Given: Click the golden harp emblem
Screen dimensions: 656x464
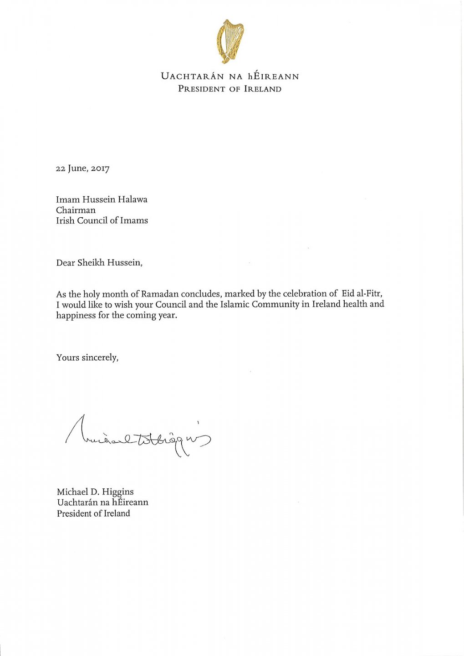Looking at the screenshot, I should click(230, 41).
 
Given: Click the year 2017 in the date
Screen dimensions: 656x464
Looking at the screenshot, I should click(99, 169).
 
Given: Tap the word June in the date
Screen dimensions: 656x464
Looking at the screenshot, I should click(76, 169).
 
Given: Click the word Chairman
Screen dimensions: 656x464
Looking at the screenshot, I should click(76, 210).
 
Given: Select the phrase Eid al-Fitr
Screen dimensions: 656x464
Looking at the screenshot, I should click(358, 293).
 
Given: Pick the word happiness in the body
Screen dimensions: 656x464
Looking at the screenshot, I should click(76, 315).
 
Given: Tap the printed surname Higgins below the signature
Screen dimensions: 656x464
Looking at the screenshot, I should click(117, 492).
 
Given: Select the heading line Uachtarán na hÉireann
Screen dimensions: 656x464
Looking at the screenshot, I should click(229, 76).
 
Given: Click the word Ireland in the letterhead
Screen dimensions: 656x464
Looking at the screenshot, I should click(263, 89).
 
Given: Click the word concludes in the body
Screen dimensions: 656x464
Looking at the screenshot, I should click(200, 294).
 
